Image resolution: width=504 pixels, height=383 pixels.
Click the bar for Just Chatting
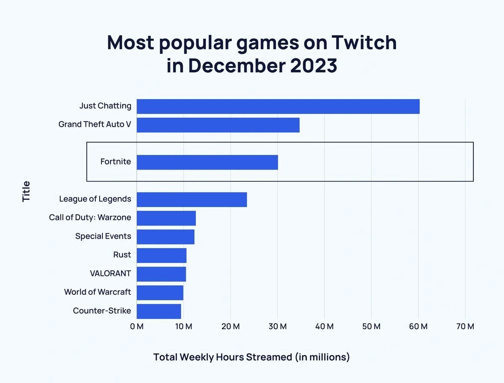tap(278, 107)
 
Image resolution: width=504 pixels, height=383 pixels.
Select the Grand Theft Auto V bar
tap(218, 125)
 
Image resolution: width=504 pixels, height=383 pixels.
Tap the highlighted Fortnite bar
tap(207, 162)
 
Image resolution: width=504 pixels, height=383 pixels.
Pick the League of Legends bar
tap(192, 199)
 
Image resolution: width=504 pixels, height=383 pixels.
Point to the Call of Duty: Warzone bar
tap(166, 218)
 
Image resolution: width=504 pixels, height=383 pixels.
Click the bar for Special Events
tap(165, 237)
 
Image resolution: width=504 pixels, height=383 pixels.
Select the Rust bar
tap(162, 255)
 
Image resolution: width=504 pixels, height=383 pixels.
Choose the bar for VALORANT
tap(161, 274)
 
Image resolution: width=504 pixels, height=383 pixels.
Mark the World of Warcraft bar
tap(160, 293)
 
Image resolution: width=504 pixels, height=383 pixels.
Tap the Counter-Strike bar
tap(159, 311)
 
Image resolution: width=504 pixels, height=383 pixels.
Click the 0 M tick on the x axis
tap(137, 327)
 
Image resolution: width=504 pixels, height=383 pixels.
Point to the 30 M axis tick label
tap(277, 327)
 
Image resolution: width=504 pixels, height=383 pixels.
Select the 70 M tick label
tap(465, 327)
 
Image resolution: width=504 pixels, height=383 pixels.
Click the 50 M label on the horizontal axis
tap(371, 327)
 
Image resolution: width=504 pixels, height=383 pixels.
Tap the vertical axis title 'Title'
tap(26, 191)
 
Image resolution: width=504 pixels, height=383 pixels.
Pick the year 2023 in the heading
tap(311, 66)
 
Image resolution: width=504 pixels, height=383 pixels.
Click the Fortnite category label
tap(115, 162)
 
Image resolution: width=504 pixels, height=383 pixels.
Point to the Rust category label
tap(122, 255)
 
